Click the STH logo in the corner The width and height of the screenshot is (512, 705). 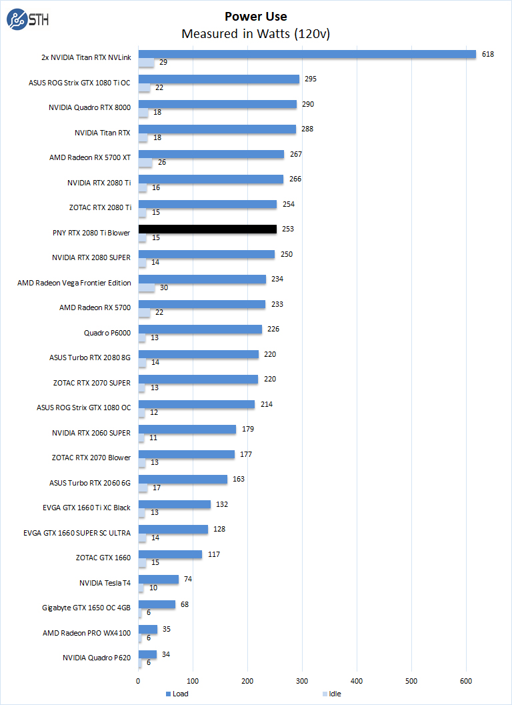pyautogui.click(x=27, y=21)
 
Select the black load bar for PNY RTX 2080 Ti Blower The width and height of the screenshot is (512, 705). pyautogui.click(x=207, y=229)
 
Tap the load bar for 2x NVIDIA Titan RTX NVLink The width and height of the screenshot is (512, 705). pyautogui.click(x=307, y=54)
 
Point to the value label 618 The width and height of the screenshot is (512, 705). pyautogui.click(x=488, y=54)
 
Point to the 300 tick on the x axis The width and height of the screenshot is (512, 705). pyautogui.click(x=302, y=681)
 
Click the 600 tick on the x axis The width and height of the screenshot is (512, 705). pyautogui.click(x=466, y=681)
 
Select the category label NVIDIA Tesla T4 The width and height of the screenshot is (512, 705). pyautogui.click(x=105, y=583)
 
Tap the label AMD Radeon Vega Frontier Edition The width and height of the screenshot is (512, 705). pyautogui.click(x=74, y=283)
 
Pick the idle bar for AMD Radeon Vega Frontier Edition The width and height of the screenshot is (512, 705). pyautogui.click(x=147, y=288)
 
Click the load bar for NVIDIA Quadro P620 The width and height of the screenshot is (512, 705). pyautogui.click(x=147, y=654)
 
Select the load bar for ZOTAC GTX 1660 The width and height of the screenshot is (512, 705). pyautogui.click(x=170, y=554)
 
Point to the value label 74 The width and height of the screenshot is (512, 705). pyautogui.click(x=188, y=579)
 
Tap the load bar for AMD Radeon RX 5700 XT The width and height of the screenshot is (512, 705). pyautogui.click(x=211, y=154)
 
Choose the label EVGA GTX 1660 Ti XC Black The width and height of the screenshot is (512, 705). pyautogui.click(x=87, y=508)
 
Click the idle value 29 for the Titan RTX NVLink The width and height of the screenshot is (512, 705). pyautogui.click(x=163, y=63)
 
